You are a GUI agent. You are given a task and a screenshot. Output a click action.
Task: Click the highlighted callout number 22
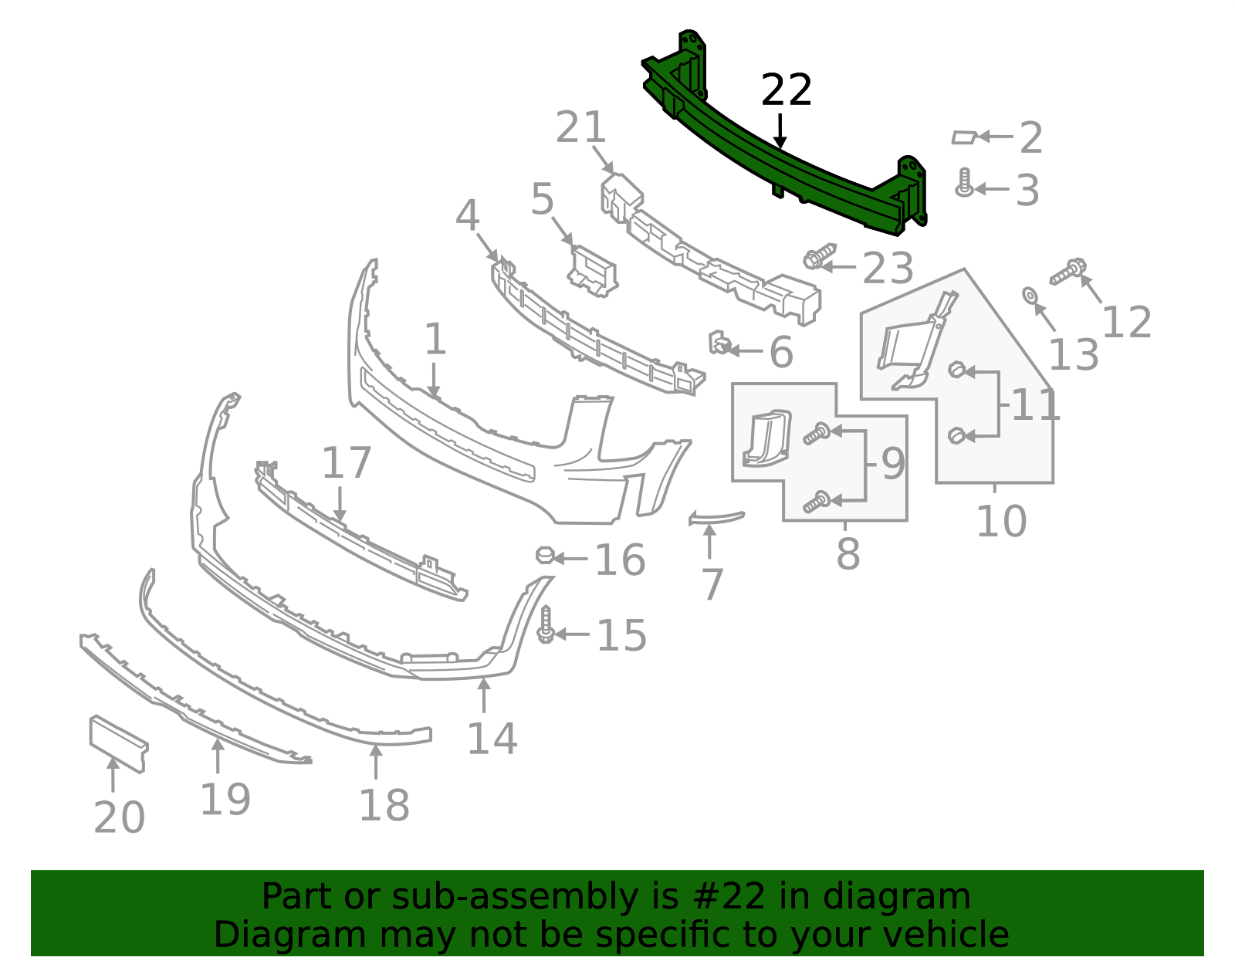(786, 90)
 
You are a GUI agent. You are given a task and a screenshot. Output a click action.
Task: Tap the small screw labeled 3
(964, 183)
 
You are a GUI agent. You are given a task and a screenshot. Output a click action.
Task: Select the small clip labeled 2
(965, 137)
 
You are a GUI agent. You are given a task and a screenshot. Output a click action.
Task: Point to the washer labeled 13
(1030, 296)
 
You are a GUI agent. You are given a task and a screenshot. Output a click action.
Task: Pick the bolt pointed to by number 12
(1068, 272)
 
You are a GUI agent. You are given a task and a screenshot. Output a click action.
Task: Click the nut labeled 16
(545, 555)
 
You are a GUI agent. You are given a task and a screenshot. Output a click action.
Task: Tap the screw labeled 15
(546, 624)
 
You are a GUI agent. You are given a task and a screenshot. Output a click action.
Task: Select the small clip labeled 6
(719, 343)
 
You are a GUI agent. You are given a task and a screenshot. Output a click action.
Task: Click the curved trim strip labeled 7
(716, 518)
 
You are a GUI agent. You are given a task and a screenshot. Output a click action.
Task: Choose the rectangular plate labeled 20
(119, 744)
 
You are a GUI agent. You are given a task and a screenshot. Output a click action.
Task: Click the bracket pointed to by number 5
(593, 272)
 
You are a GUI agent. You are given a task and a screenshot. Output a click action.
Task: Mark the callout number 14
(492, 739)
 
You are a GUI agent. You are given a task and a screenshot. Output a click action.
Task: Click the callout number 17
(347, 463)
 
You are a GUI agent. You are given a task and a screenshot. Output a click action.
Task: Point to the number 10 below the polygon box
(1001, 522)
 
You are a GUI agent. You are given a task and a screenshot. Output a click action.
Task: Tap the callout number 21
(580, 127)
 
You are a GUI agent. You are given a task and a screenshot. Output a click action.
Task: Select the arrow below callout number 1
(434, 380)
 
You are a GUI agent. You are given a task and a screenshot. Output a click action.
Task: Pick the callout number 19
(225, 800)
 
